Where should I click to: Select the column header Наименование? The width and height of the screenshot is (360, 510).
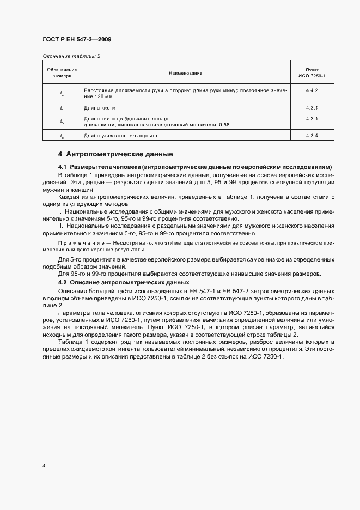point(185,72)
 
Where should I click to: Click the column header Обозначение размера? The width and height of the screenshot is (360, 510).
point(62,72)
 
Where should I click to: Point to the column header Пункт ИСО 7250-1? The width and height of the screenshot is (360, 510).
point(312,72)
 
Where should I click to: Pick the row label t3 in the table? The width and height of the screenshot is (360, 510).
point(62,93)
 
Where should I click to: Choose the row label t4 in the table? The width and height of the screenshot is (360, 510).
point(62,108)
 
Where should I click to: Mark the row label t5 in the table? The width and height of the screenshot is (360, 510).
point(62,122)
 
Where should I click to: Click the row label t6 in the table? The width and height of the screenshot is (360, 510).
point(62,136)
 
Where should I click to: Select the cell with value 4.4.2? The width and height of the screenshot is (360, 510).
point(312,89)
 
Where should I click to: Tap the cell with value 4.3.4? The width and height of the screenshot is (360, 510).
point(312,136)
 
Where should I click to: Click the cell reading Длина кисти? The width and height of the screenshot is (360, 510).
point(99,108)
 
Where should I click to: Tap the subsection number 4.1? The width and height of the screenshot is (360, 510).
point(62,167)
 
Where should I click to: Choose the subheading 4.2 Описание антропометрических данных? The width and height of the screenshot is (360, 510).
point(124,283)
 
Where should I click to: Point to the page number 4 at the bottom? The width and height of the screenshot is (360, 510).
point(44,466)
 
